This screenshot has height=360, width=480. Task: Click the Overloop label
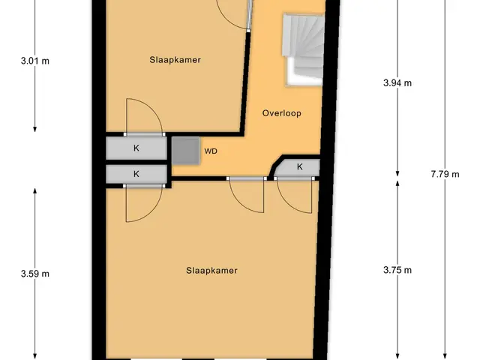point(282,113)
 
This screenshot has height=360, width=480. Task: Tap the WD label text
point(211,151)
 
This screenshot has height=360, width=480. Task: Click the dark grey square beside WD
point(186,151)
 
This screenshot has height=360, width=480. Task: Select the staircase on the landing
point(303,49)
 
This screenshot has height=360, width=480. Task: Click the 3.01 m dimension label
point(35,61)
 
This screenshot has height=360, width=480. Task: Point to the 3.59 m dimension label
point(35,274)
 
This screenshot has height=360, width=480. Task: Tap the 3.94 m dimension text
point(397,82)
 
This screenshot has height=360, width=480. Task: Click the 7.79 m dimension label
point(445,174)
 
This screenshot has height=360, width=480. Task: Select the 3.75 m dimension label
point(397,270)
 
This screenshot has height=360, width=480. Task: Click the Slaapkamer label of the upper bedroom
point(175,60)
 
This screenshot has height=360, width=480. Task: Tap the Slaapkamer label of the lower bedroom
point(211,271)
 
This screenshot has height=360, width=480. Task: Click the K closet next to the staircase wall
point(299,166)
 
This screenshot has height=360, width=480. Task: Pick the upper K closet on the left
point(136,148)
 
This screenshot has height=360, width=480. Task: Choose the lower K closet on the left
point(136,174)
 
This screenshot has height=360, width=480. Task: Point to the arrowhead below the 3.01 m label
point(35,129)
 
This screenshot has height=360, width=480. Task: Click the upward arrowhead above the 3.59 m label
point(35,190)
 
